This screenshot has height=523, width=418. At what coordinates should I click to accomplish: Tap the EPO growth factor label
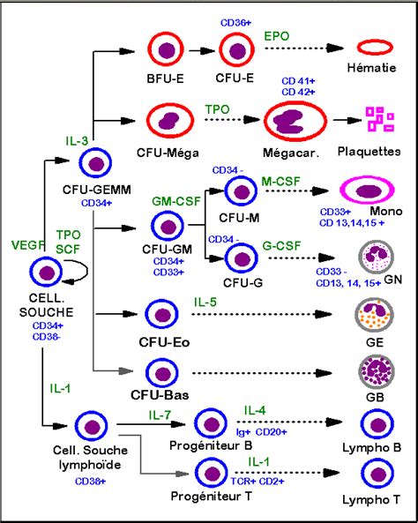point(277,36)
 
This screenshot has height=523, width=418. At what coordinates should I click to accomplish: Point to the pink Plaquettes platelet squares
point(380,119)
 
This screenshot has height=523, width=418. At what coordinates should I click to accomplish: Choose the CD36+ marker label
point(235,23)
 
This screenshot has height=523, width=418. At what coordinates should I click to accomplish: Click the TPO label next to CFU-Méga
point(217,109)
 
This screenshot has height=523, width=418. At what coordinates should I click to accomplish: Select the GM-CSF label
point(176,201)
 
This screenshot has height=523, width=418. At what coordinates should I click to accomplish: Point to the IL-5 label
point(205,302)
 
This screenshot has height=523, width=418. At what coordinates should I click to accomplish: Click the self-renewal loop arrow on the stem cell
point(86,271)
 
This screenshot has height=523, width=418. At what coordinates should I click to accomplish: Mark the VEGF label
point(28,245)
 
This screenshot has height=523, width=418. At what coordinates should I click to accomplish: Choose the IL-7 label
point(160,415)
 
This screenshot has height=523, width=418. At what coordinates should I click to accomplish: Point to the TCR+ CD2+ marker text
point(258,482)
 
